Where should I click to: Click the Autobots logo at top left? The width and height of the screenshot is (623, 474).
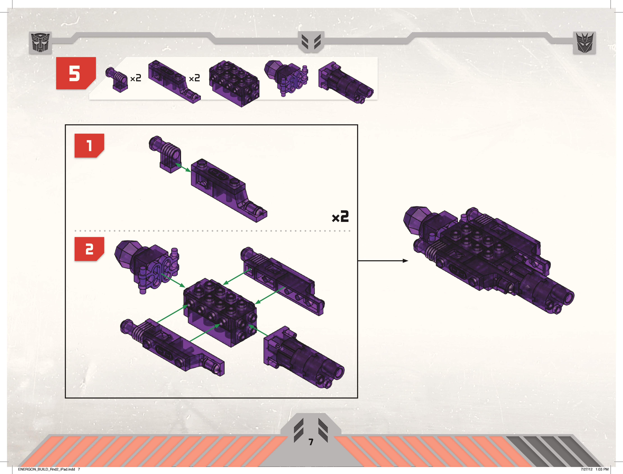coord(40,43)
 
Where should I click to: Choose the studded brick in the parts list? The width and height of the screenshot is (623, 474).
coord(234,83)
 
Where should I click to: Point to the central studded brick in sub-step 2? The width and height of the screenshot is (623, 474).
coord(220,312)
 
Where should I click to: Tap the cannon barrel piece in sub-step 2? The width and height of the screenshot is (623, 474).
coord(304,358)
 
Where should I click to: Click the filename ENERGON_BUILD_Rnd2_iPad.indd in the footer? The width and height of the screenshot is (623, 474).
coord(46,469)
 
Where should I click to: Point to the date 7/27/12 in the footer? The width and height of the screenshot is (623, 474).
coord(587,469)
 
